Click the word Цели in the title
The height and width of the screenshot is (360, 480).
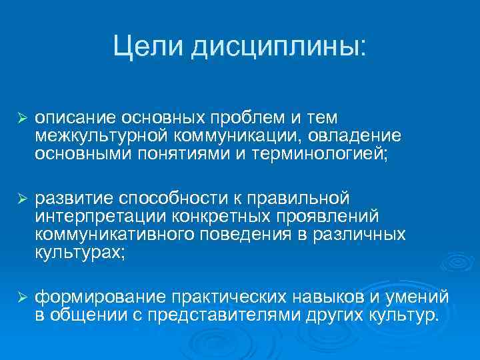(147, 46)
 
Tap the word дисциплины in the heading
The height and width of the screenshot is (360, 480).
(278, 47)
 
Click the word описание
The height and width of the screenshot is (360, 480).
(75, 118)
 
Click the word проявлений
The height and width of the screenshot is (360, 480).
(323, 217)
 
